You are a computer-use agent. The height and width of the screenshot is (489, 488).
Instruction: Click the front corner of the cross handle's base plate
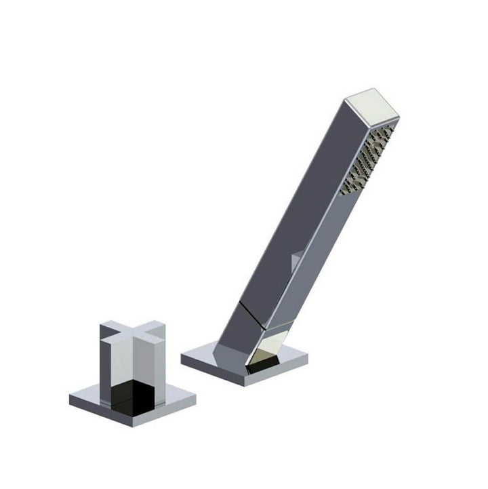(x=142, y=425)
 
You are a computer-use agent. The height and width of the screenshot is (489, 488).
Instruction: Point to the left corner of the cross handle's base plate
(x=72, y=397)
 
